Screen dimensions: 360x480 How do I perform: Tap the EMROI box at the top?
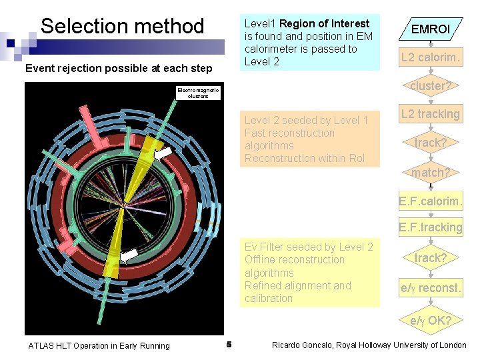click(430, 29)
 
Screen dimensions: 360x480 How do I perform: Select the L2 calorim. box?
click(430, 57)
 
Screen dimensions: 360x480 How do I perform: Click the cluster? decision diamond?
click(430, 86)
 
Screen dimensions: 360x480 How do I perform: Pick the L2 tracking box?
click(430, 114)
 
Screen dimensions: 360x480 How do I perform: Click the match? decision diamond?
click(430, 173)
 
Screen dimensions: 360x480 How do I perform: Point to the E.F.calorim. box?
click(430, 201)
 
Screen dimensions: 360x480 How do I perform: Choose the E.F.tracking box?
click(430, 227)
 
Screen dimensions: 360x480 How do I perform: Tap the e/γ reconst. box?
click(430, 289)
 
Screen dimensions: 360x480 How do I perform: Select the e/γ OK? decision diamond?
click(430, 320)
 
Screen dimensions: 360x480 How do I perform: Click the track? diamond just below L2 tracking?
click(430, 143)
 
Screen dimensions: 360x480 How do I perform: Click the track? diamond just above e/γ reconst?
click(430, 258)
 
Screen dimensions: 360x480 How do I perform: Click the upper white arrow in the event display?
click(163, 154)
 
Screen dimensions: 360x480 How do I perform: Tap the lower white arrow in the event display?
click(129, 254)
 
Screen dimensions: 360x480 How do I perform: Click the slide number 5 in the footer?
click(229, 345)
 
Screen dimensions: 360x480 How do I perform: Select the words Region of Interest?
click(324, 23)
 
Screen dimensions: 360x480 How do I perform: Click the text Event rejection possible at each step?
click(119, 68)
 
